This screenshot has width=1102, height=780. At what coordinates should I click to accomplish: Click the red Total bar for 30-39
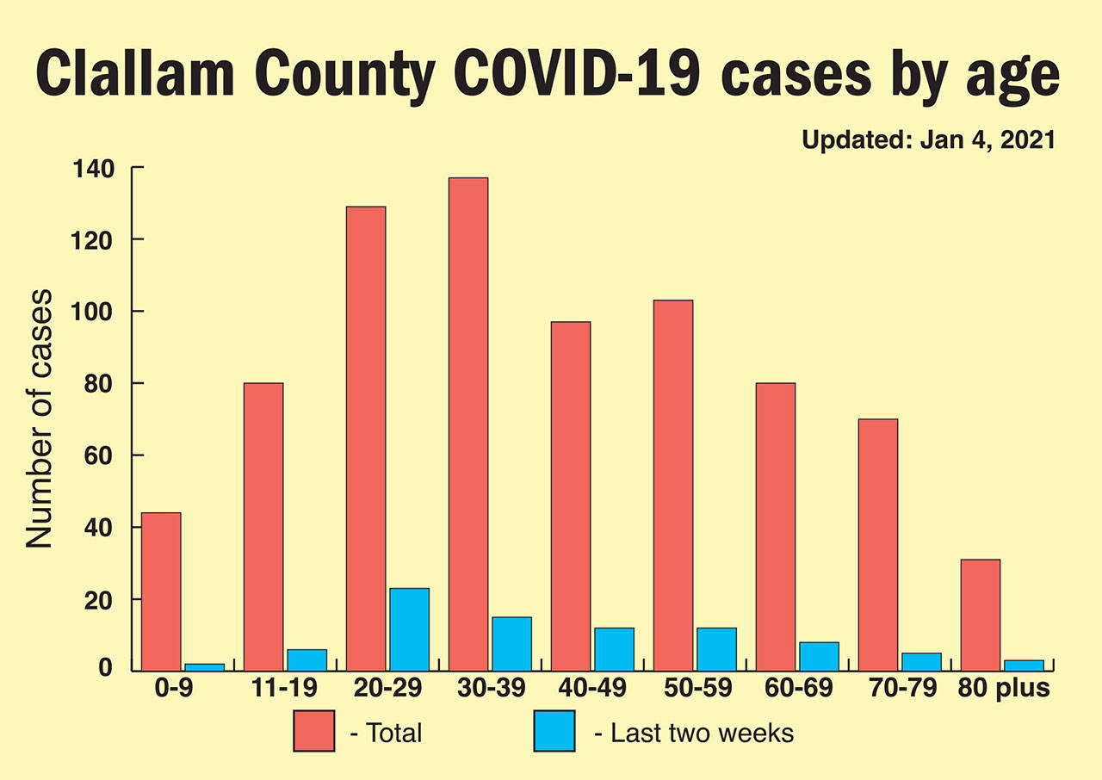click(467, 424)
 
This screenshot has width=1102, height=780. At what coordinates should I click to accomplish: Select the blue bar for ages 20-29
click(409, 628)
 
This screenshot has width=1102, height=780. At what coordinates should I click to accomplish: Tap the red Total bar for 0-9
click(161, 591)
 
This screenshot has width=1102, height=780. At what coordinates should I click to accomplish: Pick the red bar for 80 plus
click(980, 615)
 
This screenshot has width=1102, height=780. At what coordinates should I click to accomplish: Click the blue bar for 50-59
click(716, 649)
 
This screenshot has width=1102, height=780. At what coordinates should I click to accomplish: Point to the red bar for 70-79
click(877, 544)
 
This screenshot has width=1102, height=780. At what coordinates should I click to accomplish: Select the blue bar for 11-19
click(306, 659)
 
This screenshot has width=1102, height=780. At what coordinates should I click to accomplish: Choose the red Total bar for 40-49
click(570, 496)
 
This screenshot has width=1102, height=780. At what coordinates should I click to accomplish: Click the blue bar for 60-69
click(819, 656)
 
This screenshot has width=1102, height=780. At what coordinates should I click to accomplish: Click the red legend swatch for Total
click(313, 731)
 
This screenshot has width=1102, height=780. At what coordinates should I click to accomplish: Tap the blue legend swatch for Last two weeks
click(554, 731)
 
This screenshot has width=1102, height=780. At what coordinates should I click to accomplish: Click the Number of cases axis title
click(39, 419)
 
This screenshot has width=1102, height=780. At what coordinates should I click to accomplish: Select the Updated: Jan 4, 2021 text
click(928, 140)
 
